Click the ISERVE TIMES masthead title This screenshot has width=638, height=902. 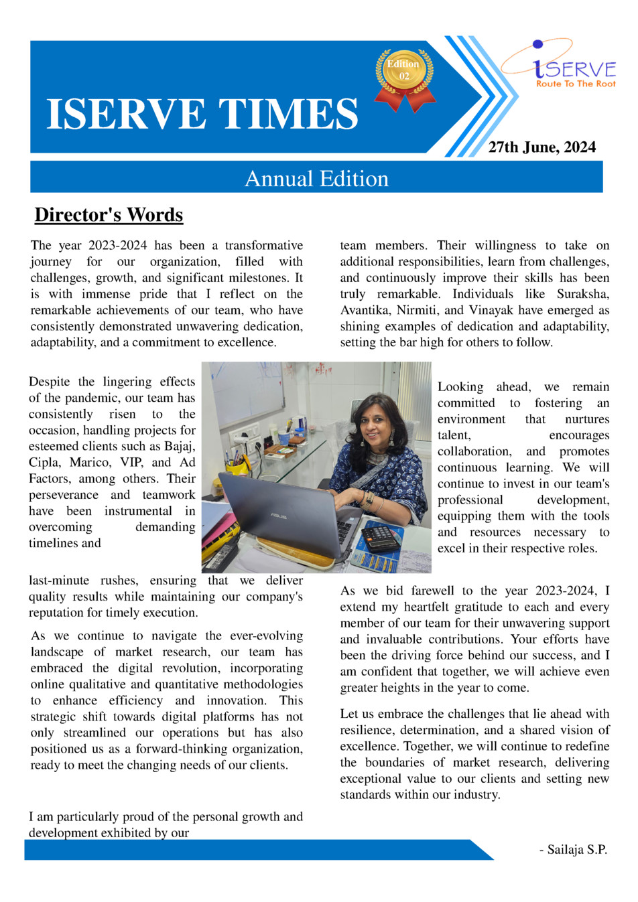(x=202, y=114)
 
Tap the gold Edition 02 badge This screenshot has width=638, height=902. (x=404, y=72)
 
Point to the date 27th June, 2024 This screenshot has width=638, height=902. (x=541, y=147)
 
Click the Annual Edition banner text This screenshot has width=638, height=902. (x=316, y=179)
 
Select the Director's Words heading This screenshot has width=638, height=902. (x=109, y=215)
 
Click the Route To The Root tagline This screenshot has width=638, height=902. (x=576, y=84)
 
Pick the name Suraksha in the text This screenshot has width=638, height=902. (x=583, y=294)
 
